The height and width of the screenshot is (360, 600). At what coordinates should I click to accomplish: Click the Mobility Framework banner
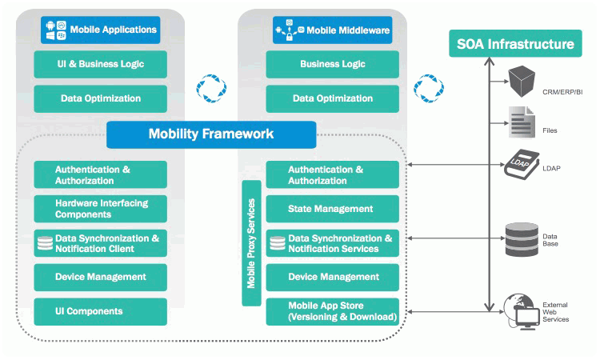coord(211,134)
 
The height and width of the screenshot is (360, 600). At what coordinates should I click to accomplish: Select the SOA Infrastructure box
coord(514,44)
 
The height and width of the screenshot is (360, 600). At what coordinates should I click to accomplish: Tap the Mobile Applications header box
coord(100,30)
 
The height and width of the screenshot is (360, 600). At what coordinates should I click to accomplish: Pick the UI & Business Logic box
coord(101,64)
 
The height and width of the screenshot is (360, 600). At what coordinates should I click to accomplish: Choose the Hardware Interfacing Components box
coord(101,209)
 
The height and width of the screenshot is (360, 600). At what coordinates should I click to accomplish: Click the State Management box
coord(332,209)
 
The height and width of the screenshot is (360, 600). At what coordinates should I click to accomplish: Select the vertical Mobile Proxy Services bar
coord(251,242)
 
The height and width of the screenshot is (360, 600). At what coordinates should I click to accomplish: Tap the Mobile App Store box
coord(332,311)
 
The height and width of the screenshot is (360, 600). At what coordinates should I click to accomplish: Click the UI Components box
coord(101,311)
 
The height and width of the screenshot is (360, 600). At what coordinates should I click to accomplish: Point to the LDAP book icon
coord(522,164)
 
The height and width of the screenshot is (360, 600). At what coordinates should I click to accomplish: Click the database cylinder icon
coord(522,238)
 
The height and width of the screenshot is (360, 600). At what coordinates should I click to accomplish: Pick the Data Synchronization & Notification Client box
coord(101,243)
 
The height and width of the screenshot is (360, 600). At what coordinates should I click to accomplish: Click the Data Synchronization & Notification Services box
coord(332,243)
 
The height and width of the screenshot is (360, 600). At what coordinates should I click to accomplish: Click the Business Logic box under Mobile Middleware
coord(332,64)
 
